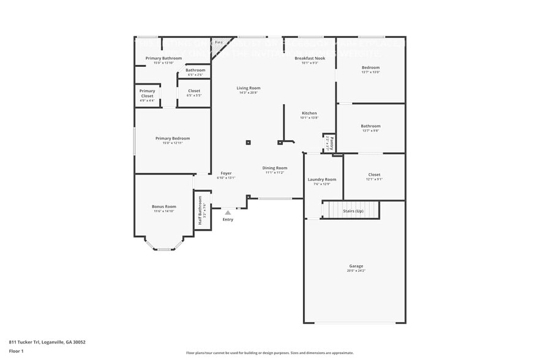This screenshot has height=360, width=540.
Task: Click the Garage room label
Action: click(356, 266)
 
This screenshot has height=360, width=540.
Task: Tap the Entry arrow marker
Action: click(228, 212)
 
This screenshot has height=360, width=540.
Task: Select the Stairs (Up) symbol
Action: click(351, 210)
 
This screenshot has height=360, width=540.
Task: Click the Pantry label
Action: click(329, 143)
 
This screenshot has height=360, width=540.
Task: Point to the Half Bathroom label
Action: click(200, 210)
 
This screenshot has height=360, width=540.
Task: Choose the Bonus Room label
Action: click(164, 206)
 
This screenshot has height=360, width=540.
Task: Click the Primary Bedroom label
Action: click(172, 138)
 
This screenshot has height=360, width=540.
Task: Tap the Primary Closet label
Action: click(147, 94)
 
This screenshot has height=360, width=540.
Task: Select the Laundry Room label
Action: click(321, 179)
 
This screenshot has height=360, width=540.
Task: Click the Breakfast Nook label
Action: click(309, 58)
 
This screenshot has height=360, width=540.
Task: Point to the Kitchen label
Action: click(309, 113)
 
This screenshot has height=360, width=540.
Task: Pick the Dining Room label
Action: click(275, 168)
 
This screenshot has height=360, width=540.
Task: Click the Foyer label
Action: click(226, 173)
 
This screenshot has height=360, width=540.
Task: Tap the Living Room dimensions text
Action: click(249, 92)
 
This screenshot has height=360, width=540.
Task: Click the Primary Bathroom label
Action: click(163, 58)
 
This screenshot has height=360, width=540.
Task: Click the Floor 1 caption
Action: click(16, 351)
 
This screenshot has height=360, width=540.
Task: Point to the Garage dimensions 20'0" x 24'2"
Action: click(356, 270)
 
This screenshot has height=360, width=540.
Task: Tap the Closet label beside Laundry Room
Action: click(374, 174)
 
